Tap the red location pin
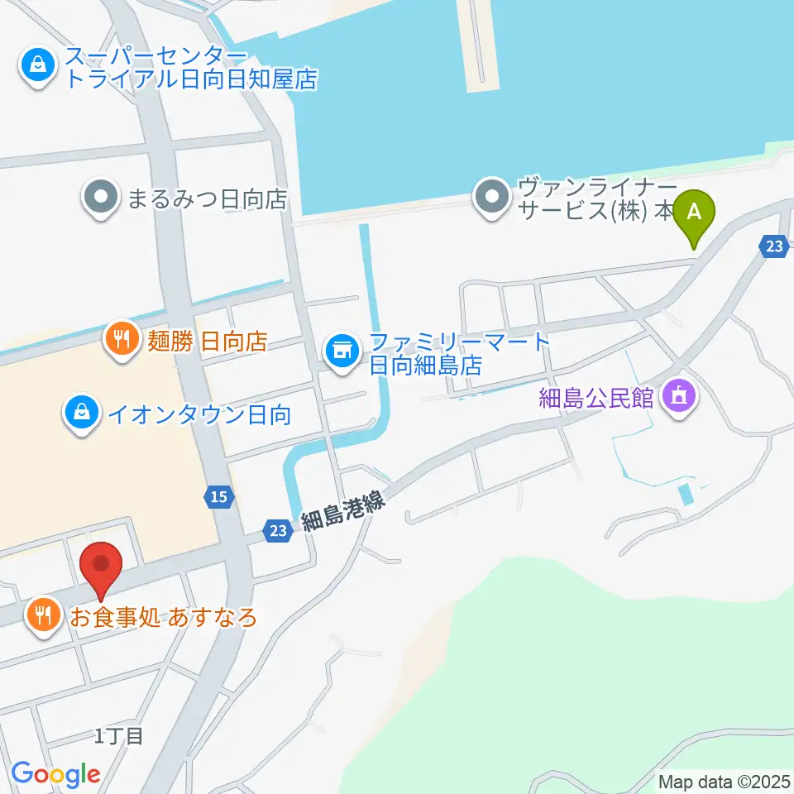point(102,567)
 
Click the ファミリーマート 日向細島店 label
point(460,353)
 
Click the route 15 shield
point(218,496)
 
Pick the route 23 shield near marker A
point(773,246)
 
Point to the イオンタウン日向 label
point(198,414)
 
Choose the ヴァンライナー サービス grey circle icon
point(494,198)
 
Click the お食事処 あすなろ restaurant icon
point(43,615)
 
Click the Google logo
point(55,773)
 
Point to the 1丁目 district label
point(119,735)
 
